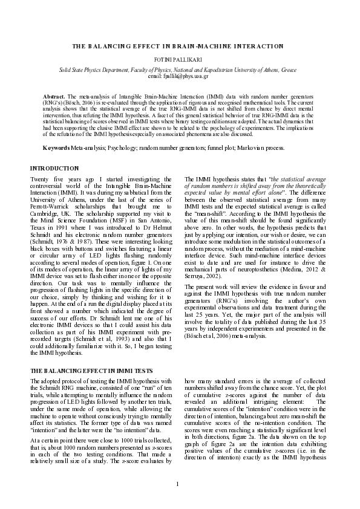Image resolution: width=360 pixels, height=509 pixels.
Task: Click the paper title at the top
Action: coord(180,46)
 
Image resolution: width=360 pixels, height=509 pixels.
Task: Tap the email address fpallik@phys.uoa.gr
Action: coord(180,92)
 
